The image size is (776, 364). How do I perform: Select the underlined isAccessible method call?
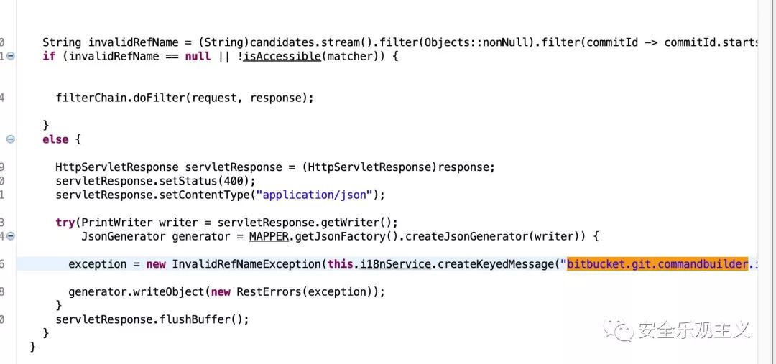282,56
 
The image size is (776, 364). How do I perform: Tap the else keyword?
55,139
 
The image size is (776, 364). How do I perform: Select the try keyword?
65,223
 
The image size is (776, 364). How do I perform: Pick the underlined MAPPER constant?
269,236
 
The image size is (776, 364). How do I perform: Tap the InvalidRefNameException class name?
245,264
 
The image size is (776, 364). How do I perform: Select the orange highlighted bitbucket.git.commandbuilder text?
657,264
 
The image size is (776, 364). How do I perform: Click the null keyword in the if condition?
198,56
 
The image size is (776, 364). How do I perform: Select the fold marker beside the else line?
10,139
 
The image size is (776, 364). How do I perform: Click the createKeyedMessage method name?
496,264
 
